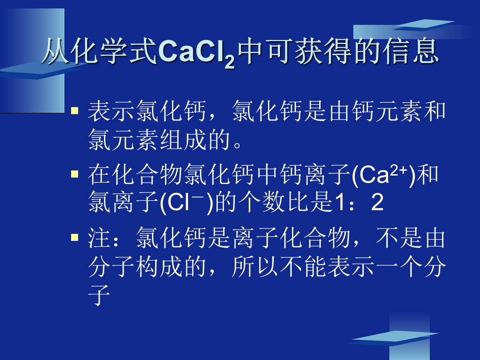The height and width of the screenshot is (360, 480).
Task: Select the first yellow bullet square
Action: (x=75, y=110)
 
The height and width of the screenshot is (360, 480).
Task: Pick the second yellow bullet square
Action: (x=75, y=174)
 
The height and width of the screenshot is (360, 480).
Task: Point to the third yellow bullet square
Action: (x=75, y=237)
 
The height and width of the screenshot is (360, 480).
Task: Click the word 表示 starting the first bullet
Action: (x=111, y=111)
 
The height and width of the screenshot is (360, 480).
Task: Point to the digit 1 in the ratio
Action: (x=339, y=202)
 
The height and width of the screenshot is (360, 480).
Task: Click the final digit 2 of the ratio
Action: (x=377, y=202)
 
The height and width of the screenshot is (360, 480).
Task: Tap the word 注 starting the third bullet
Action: (x=99, y=238)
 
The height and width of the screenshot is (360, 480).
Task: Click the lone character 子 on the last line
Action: (x=99, y=295)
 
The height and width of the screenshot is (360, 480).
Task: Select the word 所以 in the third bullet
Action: (x=255, y=267)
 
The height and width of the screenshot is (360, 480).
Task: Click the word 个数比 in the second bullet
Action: (x=274, y=202)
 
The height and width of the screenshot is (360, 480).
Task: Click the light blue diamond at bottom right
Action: (x=396, y=338)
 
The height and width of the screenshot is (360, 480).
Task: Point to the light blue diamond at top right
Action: (x=424, y=25)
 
